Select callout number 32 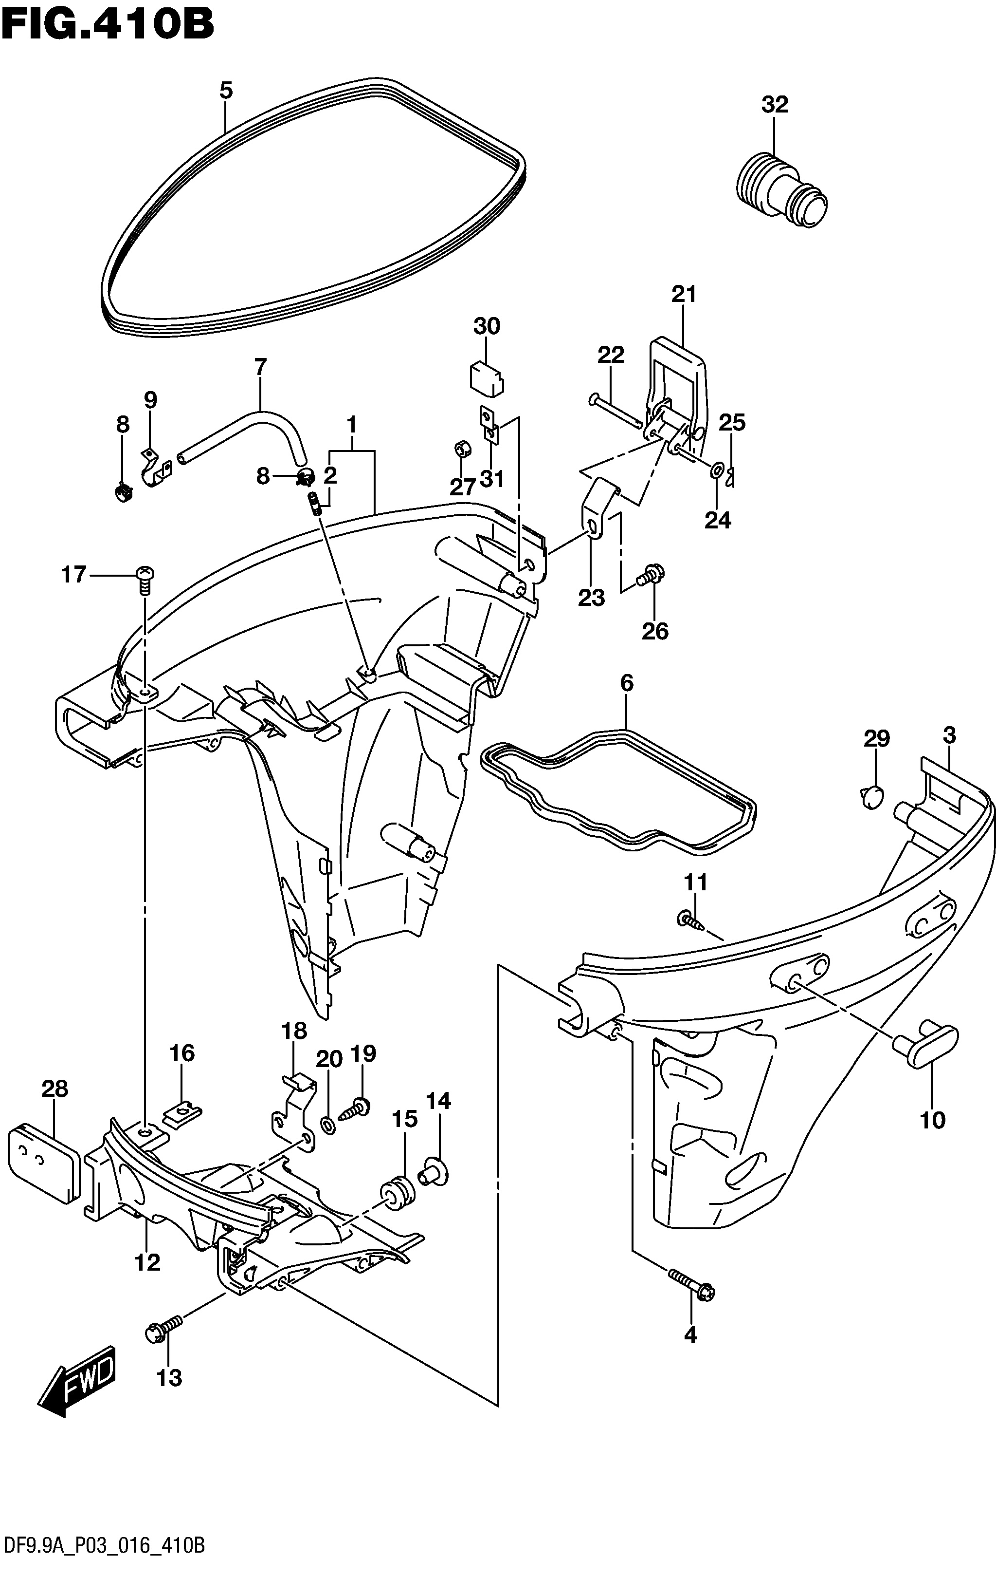tap(775, 104)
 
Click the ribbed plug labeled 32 tap(780, 192)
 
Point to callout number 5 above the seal tap(226, 90)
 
